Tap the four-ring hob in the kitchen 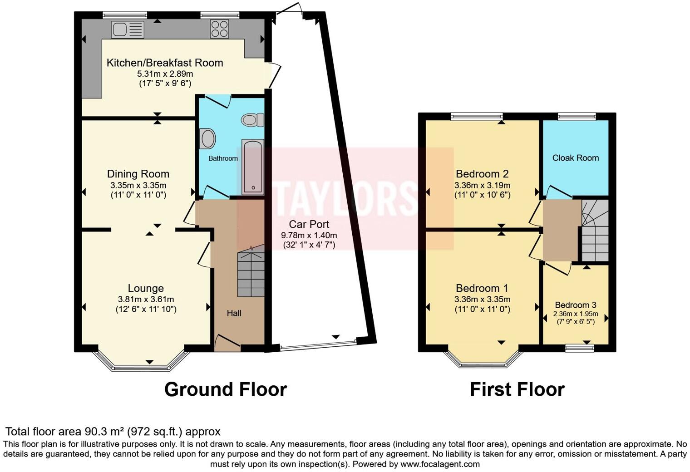coord(219,29)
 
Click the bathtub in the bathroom coord(252,167)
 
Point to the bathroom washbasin coord(207,138)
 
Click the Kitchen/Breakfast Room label coord(165,63)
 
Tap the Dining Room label coord(138,174)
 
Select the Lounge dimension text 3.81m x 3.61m coord(146,299)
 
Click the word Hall coord(234,313)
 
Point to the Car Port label coord(309,224)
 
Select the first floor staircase coord(595,231)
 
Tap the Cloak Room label coord(575,158)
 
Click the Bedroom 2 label coord(482,174)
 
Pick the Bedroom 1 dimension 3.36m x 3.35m coord(482,299)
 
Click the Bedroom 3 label coord(575,305)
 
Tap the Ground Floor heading coord(225,389)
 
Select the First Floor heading coord(517,389)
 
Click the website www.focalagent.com coord(440,464)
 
